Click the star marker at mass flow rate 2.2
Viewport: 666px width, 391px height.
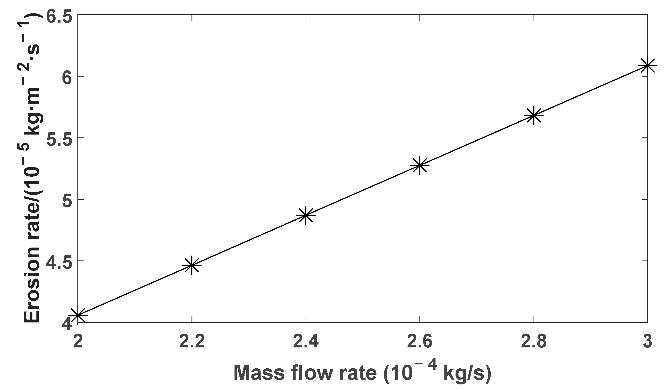tap(192, 265)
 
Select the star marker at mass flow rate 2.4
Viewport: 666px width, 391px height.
tap(306, 215)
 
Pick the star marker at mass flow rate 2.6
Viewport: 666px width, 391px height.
tap(420, 165)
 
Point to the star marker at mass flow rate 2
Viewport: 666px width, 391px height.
tap(78, 315)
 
